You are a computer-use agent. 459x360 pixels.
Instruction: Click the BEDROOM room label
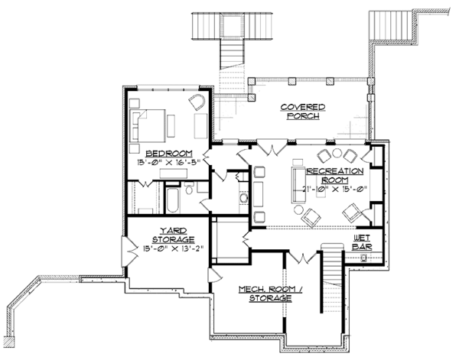[x=169, y=153]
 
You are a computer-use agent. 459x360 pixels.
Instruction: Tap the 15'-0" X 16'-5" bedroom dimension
[x=169, y=162]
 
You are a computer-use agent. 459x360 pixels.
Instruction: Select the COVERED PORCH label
[x=303, y=112]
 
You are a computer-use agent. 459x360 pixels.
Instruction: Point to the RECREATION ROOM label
[x=335, y=175]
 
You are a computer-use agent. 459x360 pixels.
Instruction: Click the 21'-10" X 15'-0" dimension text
[x=335, y=190]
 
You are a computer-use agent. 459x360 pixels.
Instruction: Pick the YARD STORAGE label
[x=174, y=235]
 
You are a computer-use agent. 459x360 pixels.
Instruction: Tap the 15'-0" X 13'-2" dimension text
[x=173, y=248]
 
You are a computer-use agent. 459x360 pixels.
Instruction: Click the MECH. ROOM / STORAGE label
[x=271, y=294]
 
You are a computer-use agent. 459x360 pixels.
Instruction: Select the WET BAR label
[x=362, y=242]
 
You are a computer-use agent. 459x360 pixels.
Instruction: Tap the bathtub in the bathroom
[x=172, y=200]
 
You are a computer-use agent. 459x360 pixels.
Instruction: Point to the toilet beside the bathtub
[x=189, y=188]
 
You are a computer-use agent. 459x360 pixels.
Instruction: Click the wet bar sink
[x=364, y=258]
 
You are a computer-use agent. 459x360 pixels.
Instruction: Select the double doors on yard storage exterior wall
[x=129, y=251]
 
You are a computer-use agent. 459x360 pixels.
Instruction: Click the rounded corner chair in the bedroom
[x=197, y=102]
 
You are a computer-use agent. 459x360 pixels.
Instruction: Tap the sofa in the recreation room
[x=298, y=185]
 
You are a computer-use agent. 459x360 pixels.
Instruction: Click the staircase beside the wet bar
[x=332, y=277]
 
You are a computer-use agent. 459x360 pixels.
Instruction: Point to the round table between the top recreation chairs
[x=337, y=153]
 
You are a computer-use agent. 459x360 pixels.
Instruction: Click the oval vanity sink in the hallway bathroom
[x=244, y=198]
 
